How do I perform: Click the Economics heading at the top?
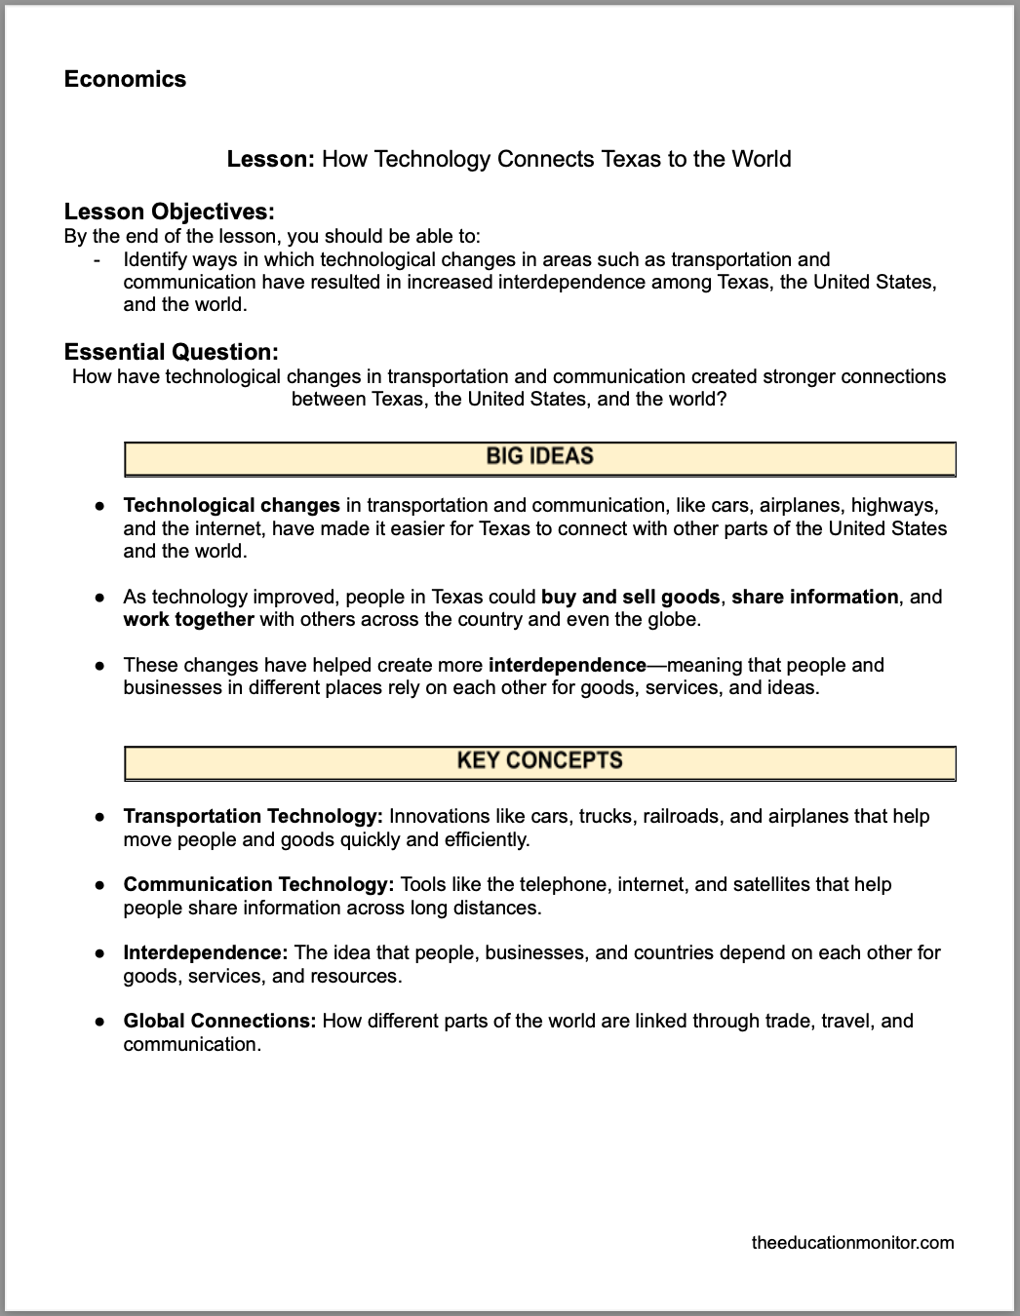(x=125, y=79)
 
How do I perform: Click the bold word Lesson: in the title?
(x=270, y=159)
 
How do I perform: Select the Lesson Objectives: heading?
(x=169, y=212)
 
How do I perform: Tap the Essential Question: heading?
(x=172, y=352)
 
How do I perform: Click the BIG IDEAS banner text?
(x=539, y=456)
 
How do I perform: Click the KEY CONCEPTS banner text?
(x=539, y=760)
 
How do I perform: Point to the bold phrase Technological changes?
(x=231, y=505)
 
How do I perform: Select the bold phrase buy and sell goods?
(x=630, y=597)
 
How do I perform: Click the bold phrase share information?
(x=814, y=597)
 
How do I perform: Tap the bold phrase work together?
(x=188, y=619)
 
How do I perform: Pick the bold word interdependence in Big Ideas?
(x=567, y=665)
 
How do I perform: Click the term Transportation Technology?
(x=253, y=816)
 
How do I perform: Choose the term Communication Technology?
(x=258, y=884)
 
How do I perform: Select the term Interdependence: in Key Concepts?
(x=205, y=952)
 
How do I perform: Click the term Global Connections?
(x=219, y=1021)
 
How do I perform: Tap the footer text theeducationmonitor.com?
(x=853, y=1242)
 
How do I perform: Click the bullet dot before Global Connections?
(x=99, y=1022)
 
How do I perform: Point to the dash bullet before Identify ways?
(x=97, y=260)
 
